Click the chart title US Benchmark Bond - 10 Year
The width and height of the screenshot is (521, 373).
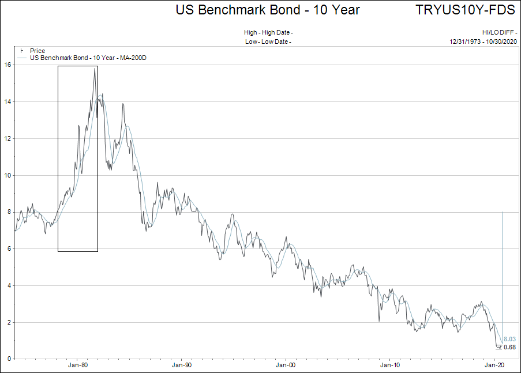(x=268, y=10)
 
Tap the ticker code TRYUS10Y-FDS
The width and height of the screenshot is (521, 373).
(x=465, y=10)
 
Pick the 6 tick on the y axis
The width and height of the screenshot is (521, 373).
(x=8, y=249)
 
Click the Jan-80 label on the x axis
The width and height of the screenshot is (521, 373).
(x=78, y=366)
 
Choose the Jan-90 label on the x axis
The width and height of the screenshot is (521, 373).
(x=182, y=366)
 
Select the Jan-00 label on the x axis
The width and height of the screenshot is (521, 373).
(x=286, y=366)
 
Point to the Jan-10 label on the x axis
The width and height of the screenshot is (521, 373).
(x=390, y=366)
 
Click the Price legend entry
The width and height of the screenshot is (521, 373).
(x=37, y=51)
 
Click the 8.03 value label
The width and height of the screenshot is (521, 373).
(x=509, y=340)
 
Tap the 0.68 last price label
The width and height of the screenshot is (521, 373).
(x=509, y=347)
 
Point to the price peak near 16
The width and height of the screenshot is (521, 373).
(x=95, y=69)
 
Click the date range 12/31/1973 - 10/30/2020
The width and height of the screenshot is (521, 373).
(x=483, y=42)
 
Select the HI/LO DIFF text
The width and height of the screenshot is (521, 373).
(x=498, y=32)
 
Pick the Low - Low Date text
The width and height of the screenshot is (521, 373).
(x=268, y=42)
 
